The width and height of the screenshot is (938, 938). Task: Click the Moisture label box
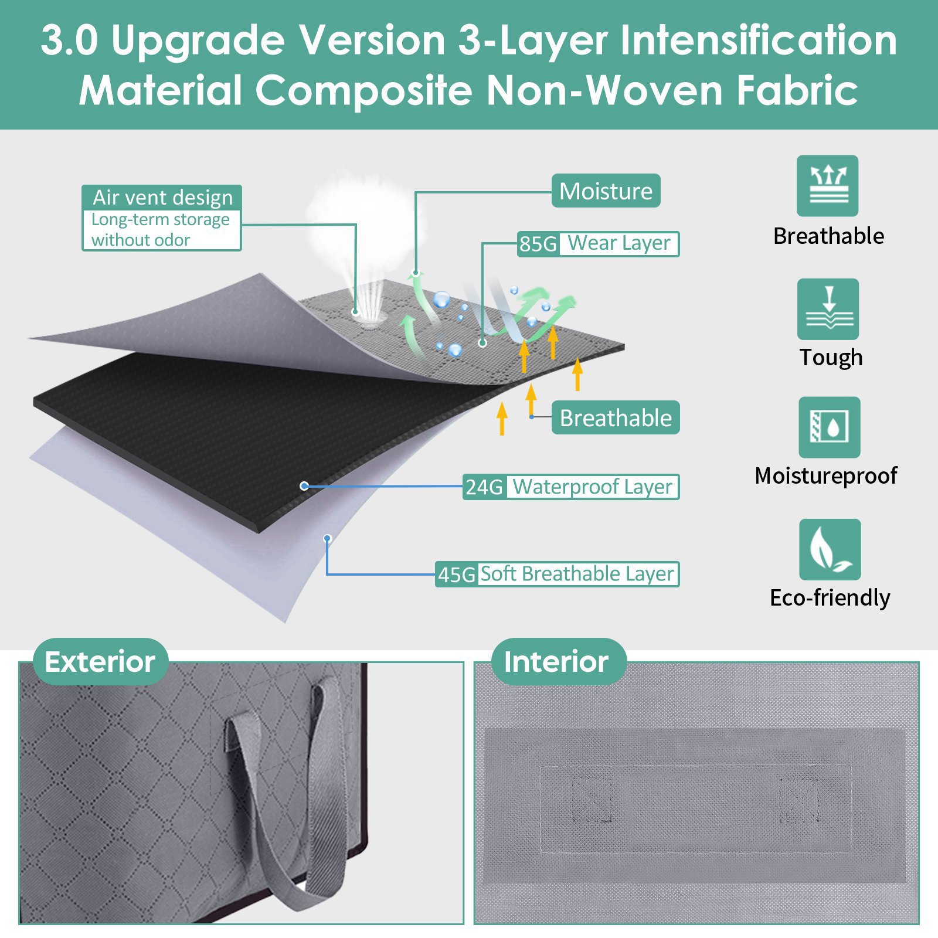coord(606,191)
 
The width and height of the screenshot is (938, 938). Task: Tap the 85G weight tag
coord(538,244)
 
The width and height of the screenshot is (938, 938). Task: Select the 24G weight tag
coord(484,487)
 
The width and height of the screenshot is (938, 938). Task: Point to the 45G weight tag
coord(456,574)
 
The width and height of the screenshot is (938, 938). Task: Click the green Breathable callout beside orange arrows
coord(616,417)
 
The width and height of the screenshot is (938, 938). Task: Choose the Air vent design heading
coord(162,198)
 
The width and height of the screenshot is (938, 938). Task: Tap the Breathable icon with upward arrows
coord(827,186)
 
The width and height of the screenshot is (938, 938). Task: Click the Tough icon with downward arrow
coord(828,309)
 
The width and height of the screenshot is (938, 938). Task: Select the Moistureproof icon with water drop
coord(829,427)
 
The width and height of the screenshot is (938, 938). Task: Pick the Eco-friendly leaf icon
coord(830,549)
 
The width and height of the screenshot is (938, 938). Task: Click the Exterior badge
coord(100,661)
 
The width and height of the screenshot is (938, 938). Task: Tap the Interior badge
coord(556,661)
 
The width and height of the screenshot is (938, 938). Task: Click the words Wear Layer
coord(619,243)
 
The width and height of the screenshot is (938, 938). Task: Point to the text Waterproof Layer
coord(593,487)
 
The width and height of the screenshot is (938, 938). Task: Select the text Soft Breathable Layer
coord(577,573)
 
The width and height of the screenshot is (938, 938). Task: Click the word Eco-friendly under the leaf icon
coord(830,597)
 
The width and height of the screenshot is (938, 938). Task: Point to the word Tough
coord(831,357)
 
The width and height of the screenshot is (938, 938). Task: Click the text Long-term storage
coord(160,219)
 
